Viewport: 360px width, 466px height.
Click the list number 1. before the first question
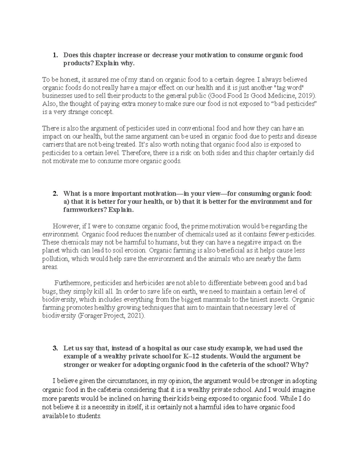tap(55, 55)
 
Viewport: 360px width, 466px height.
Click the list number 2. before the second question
tap(55, 194)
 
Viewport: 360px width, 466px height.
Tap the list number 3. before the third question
tap(55, 348)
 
